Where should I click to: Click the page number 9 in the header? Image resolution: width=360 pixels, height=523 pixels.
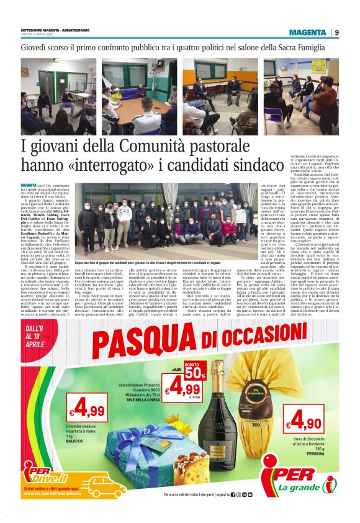click(336, 32)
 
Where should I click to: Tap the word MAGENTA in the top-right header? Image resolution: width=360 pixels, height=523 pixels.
click(312, 32)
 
